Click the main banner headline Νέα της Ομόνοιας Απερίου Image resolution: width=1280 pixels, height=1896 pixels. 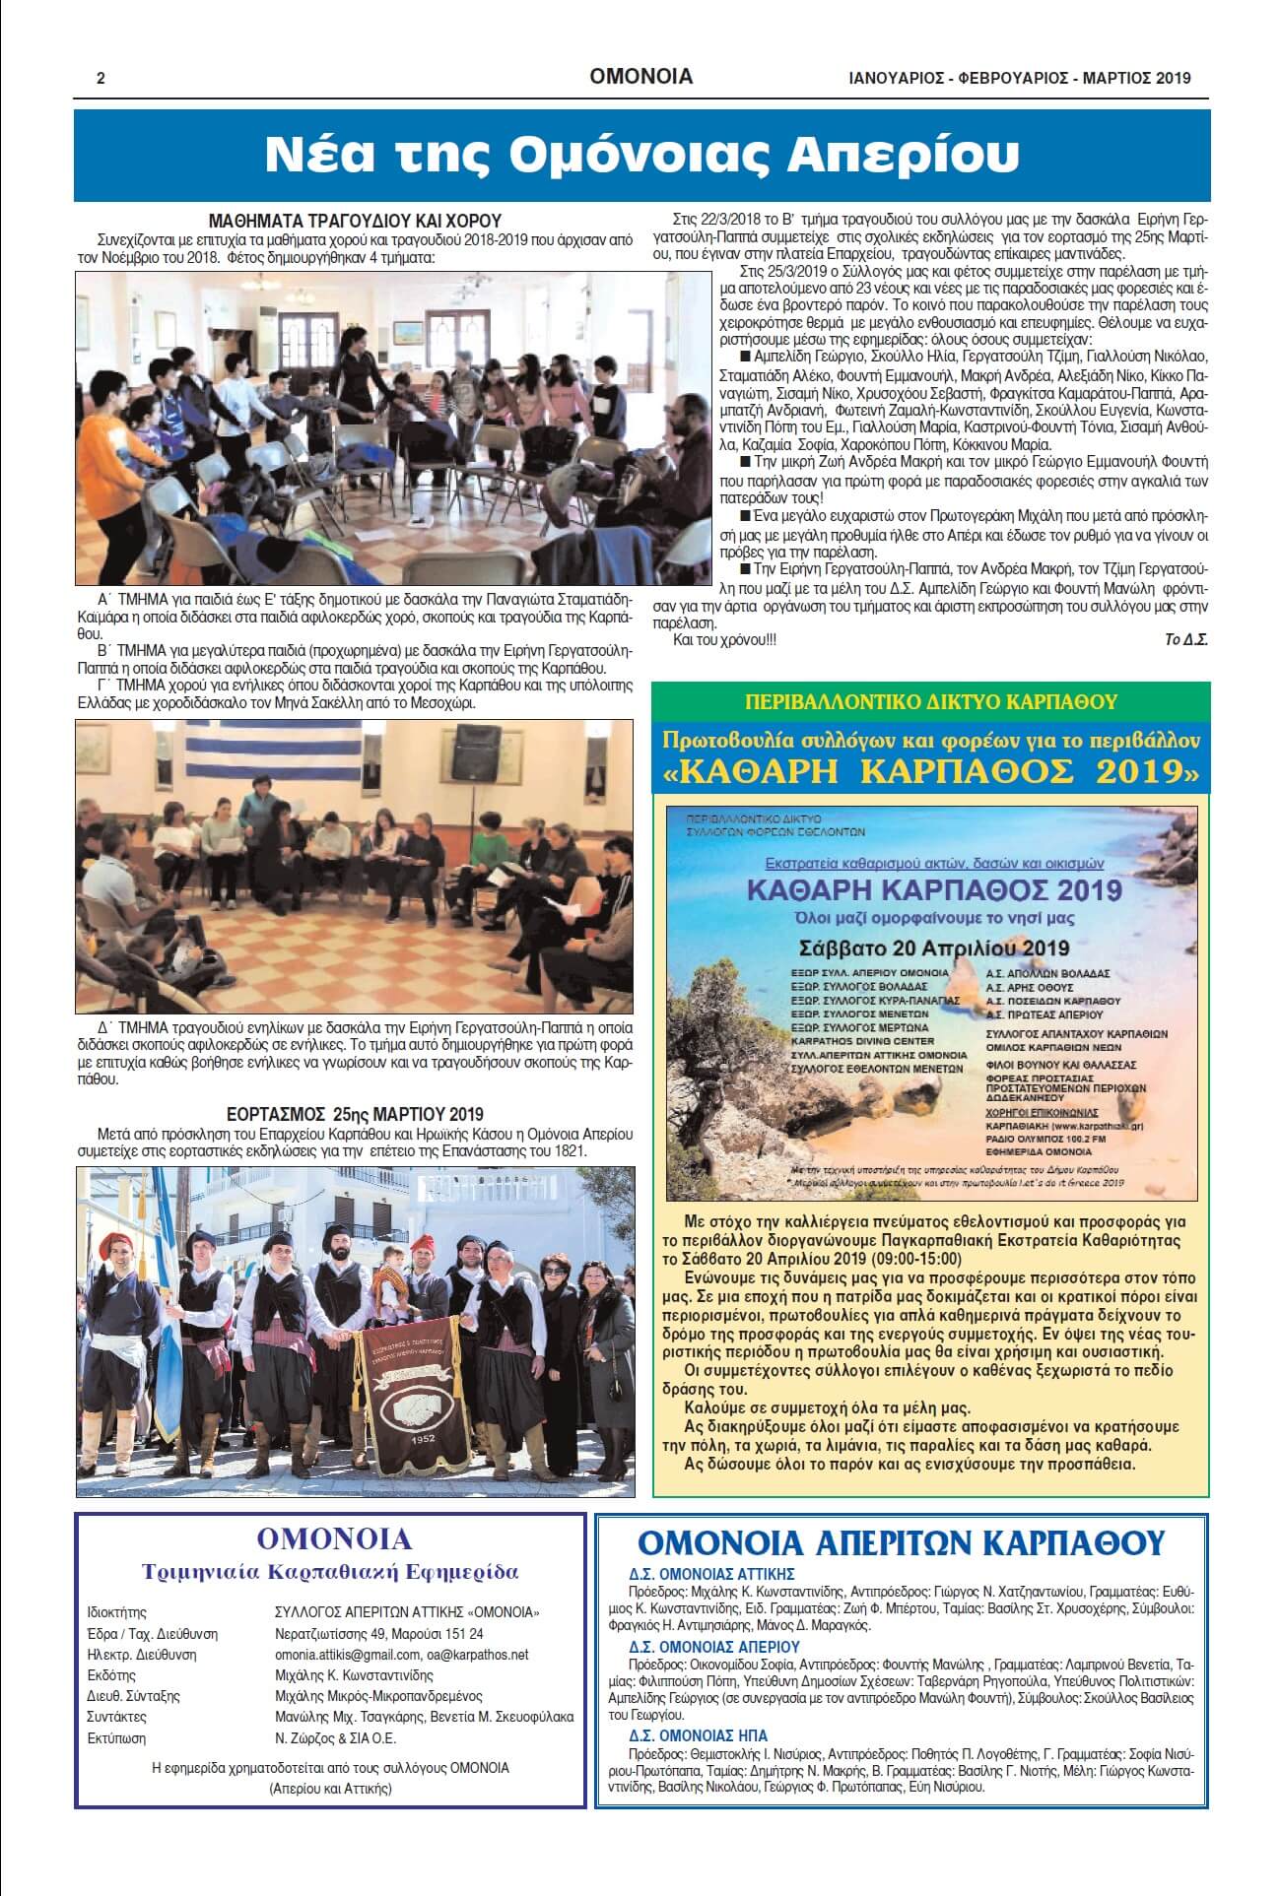(640, 155)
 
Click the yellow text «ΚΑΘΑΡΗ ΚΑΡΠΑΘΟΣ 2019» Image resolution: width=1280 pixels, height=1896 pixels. (931, 771)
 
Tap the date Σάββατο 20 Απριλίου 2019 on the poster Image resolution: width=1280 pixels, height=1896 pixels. (933, 948)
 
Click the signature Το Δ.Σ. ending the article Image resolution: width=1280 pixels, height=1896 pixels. (1185, 639)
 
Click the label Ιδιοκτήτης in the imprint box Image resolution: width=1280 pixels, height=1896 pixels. (116, 1612)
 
